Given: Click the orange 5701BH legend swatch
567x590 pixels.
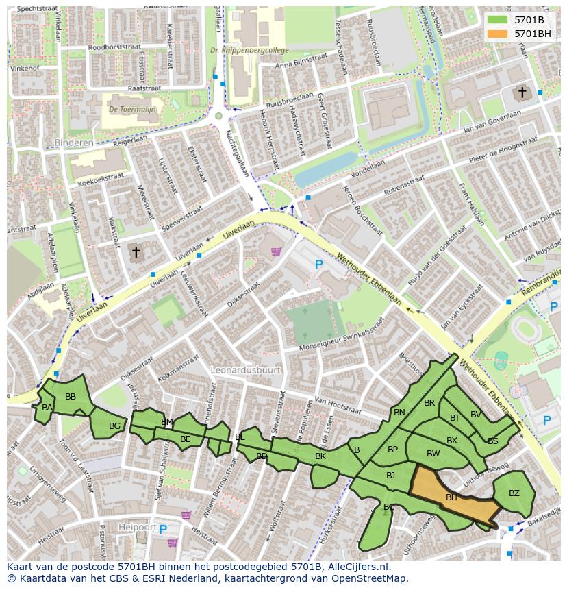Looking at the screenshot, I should click(x=497, y=34).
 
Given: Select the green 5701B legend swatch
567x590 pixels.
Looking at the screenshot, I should click(x=497, y=20).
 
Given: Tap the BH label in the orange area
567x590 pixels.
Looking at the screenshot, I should click(x=451, y=497).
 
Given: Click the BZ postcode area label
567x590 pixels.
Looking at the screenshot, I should click(x=514, y=493).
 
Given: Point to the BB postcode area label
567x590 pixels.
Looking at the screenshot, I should click(x=71, y=397).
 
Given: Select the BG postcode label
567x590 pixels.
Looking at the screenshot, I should click(x=114, y=426).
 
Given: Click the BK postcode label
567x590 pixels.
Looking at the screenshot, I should click(x=320, y=456).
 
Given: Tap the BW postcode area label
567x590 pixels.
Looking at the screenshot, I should click(x=433, y=454).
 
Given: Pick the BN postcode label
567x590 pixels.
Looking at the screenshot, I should click(x=399, y=413).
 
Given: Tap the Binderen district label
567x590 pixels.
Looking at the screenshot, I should click(x=73, y=143).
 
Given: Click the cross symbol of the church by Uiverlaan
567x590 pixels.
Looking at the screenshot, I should click(x=136, y=253).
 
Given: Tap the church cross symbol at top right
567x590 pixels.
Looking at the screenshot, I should click(x=522, y=92).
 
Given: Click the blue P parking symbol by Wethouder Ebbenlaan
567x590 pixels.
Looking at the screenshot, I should click(x=318, y=264).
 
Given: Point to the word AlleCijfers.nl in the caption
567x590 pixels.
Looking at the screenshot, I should click(x=359, y=567).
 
